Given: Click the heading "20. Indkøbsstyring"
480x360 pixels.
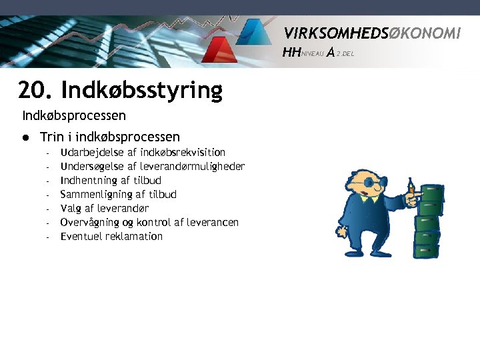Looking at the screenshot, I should [x=120, y=89].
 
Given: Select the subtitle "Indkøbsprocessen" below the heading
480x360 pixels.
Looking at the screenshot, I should [x=74, y=116].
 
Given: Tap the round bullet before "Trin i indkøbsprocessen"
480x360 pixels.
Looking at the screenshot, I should [x=25, y=137].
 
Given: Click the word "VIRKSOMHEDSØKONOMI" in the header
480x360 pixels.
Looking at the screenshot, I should [x=371, y=33].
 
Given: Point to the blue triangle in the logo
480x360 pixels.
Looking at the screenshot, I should [x=253, y=32].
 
